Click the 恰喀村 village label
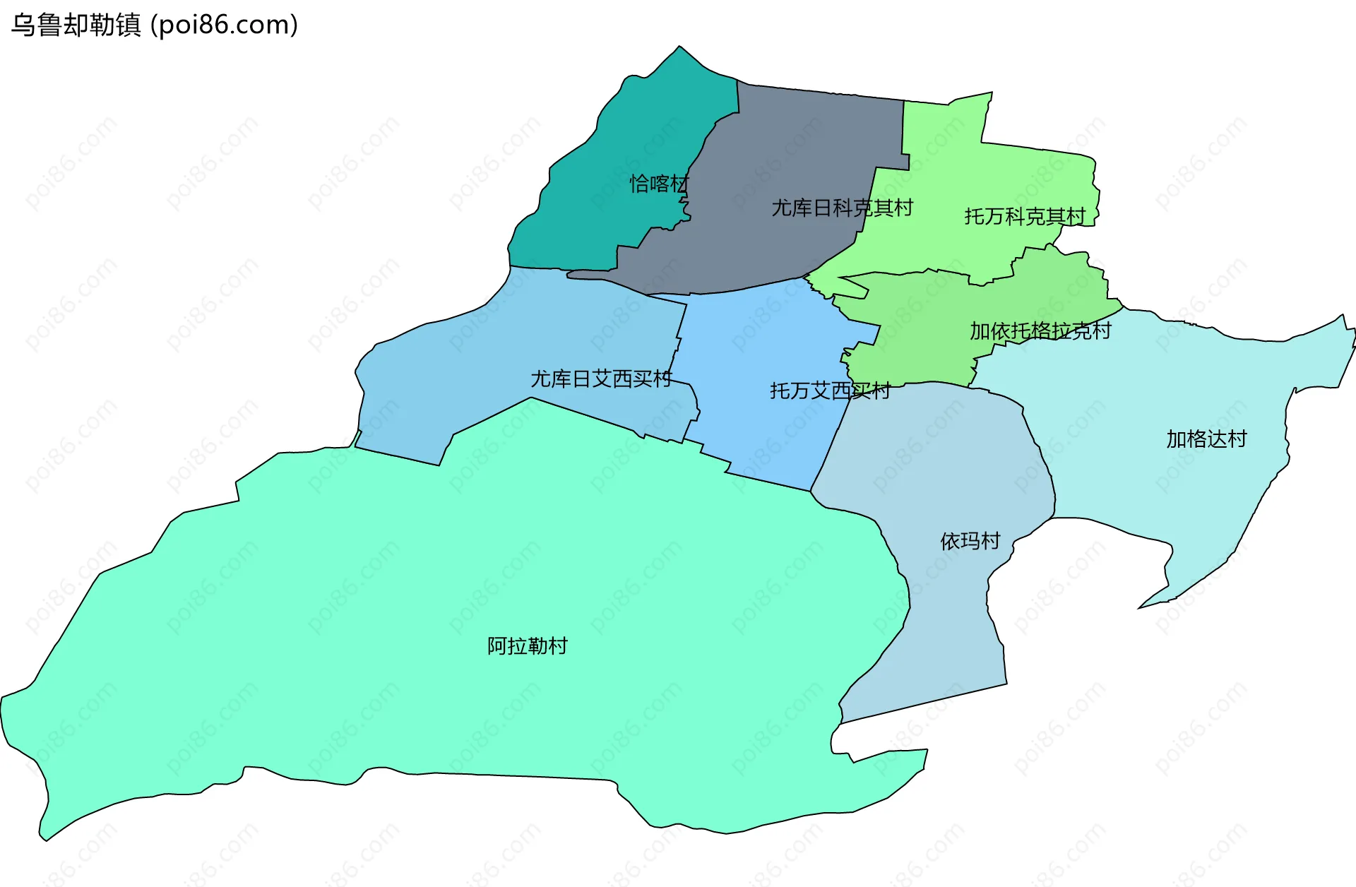(659, 184)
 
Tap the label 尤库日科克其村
(842, 208)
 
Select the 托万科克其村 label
(1025, 216)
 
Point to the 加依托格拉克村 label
(1040, 331)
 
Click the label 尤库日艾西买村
(601, 379)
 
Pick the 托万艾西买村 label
(830, 391)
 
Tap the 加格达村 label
(1206, 439)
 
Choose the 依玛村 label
(970, 541)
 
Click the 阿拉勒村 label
(528, 645)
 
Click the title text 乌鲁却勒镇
(76, 25)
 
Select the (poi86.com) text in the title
(225, 25)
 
